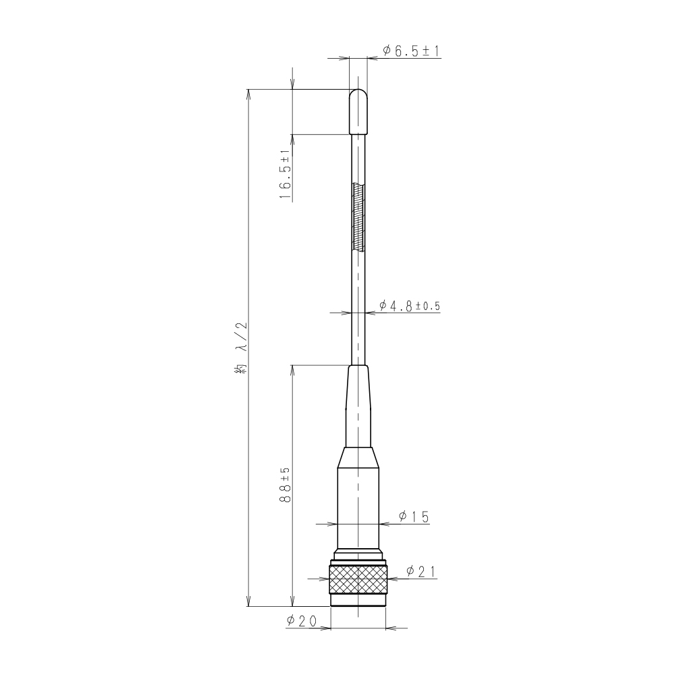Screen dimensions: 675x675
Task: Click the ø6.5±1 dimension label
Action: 411,51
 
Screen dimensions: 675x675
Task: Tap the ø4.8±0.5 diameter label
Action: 409,306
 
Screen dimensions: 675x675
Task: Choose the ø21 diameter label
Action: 421,572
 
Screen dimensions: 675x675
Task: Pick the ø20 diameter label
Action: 302,622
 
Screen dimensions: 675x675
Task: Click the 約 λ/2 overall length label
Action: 241,348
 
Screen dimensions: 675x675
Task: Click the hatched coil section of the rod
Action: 358,217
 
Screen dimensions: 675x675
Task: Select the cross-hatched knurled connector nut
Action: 358,578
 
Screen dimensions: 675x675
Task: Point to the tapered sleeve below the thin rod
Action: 358,405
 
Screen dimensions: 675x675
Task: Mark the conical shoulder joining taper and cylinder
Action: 358,458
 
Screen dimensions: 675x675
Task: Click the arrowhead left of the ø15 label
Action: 383,523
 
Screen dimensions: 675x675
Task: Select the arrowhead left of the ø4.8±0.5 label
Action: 369,313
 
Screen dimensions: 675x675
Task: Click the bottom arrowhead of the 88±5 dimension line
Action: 292,602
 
